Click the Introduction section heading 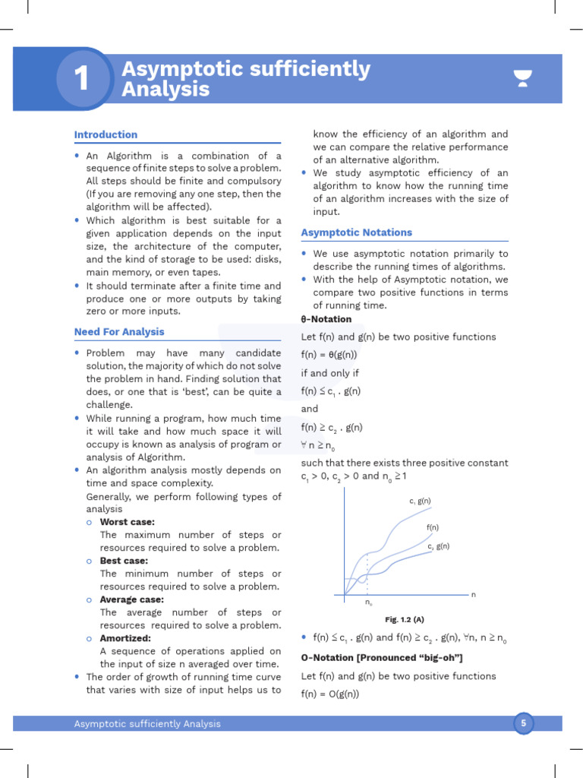coord(106,134)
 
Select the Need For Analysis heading coord(119,332)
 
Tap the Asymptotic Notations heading coord(357,232)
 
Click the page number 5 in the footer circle coord(522,723)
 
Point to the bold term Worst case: coord(127,522)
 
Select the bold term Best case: coord(124,561)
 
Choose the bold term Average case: coord(131,599)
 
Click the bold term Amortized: coord(125,638)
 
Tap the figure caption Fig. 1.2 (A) coord(404,619)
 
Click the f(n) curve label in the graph coord(433,527)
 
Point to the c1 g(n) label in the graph coord(420,501)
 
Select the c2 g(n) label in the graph coord(438,546)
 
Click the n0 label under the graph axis coord(368,602)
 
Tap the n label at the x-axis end coord(474,594)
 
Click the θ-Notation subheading coord(326,319)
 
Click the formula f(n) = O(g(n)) coord(330,694)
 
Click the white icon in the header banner coord(522,78)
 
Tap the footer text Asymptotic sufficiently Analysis coord(147,723)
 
